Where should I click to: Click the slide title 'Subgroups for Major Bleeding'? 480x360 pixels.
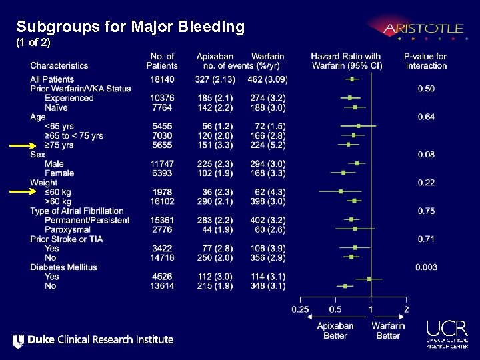(131, 27)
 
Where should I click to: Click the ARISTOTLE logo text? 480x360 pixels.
(423, 29)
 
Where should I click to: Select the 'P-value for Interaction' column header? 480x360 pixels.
(425, 61)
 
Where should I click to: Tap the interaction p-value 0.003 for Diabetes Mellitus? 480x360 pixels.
(426, 267)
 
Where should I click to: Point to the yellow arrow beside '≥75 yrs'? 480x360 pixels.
(23, 145)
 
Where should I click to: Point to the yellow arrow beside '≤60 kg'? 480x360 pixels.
(23, 192)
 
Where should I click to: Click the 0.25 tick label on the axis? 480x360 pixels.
(300, 309)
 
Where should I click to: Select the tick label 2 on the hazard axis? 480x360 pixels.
(406, 309)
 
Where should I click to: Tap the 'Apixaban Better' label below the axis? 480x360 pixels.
(335, 331)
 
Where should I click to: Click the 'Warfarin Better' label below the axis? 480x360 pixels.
(388, 331)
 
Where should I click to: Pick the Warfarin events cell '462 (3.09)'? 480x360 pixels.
(267, 79)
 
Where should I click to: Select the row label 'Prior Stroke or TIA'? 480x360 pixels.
(67, 239)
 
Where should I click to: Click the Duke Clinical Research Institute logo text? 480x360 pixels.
(93, 340)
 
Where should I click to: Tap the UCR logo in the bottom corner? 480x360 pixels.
(448, 334)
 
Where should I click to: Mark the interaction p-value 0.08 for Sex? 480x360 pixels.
(426, 155)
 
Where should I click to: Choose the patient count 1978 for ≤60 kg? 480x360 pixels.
(161, 192)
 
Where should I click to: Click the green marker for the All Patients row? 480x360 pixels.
(351, 79)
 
